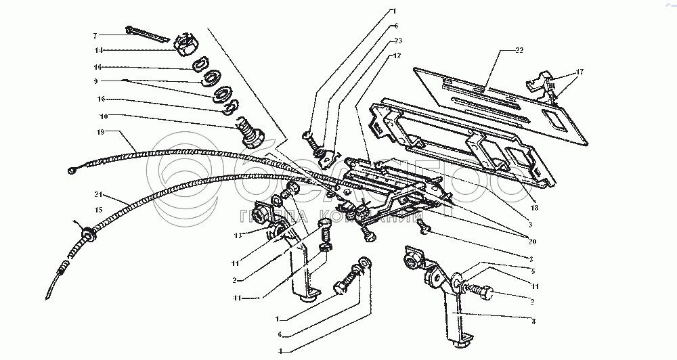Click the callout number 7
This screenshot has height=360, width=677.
pos(95,35)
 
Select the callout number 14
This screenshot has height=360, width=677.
pos(98,50)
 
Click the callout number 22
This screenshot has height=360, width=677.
pos(519,51)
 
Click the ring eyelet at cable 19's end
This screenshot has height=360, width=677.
pos(72,171)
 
